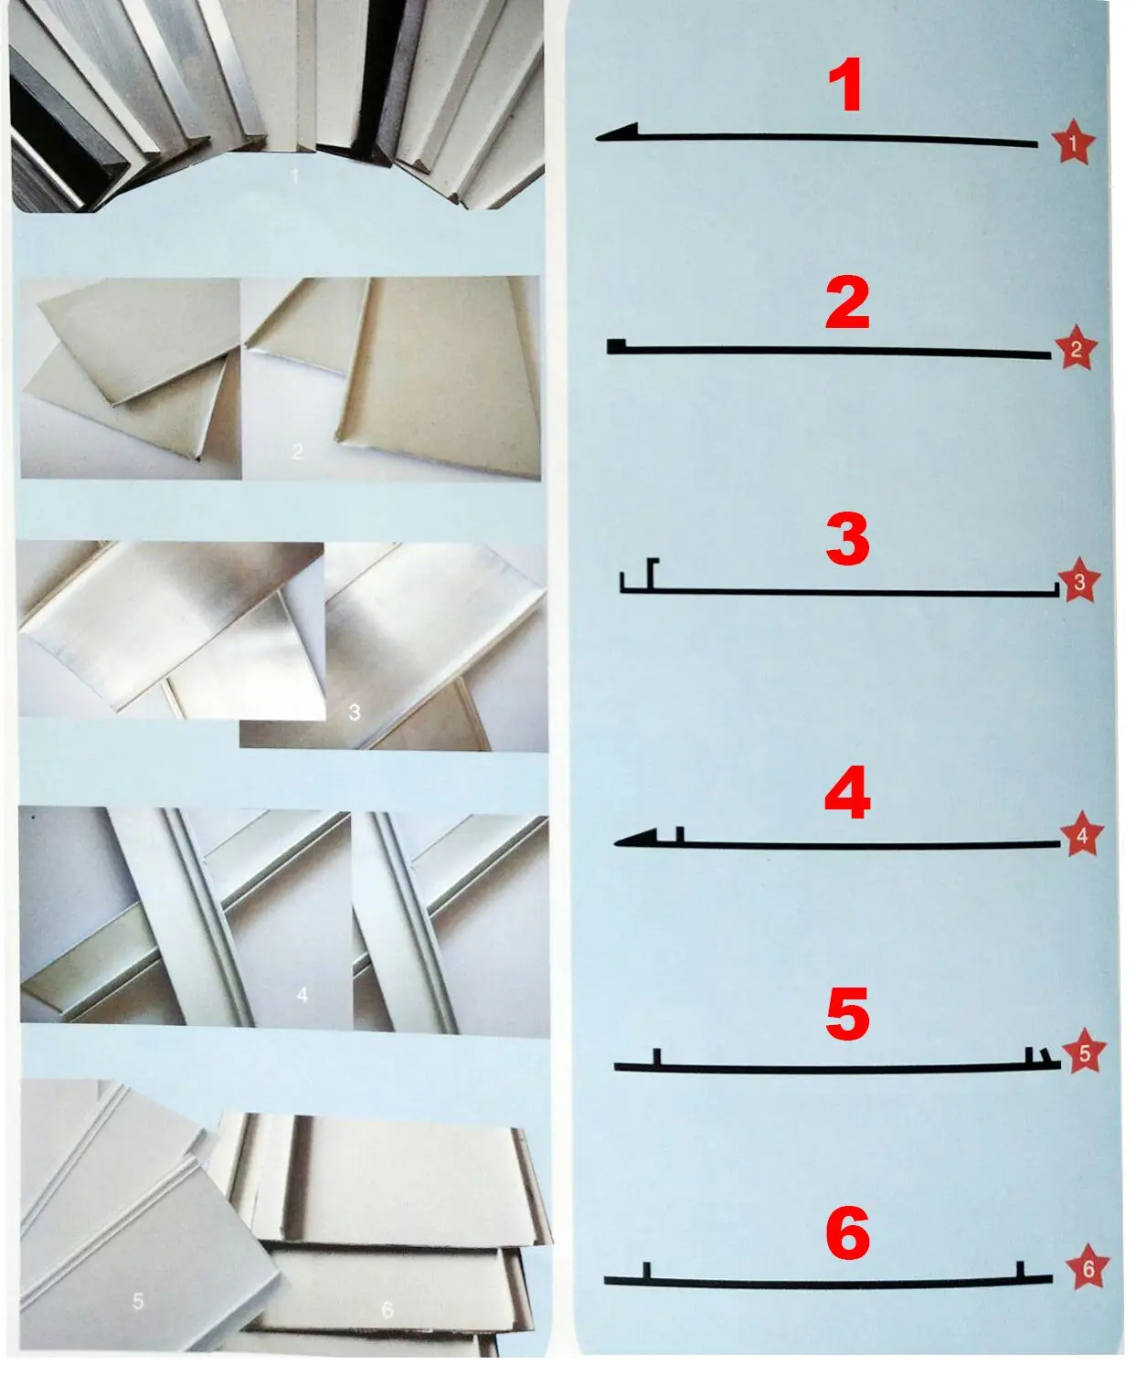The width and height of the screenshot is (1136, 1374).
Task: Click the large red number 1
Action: pos(846,86)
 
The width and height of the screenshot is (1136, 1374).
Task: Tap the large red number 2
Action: pos(847,304)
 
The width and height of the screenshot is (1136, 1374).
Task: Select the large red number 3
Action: pos(847,539)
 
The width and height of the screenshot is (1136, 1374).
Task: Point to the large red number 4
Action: pos(847,793)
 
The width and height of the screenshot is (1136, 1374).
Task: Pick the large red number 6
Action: pos(847,1233)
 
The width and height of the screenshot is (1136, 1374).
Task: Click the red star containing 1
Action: pos(1073,143)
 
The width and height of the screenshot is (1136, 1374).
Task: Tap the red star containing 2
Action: pos(1076,349)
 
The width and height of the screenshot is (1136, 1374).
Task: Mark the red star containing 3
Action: pos(1079,581)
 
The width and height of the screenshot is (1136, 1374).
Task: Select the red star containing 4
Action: pos(1082,834)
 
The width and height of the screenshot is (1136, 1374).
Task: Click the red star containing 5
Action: pos(1085,1053)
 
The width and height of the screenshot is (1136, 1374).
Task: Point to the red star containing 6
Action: pos(1088,1269)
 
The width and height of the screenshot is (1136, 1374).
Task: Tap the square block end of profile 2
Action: pos(617,345)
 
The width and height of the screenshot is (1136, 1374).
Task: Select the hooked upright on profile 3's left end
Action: pos(652,573)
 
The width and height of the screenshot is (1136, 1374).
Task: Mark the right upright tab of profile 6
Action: pos(1021,1271)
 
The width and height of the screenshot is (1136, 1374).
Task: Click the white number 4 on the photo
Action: pos(303,995)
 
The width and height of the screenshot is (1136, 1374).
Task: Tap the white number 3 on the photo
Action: pos(355,712)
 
